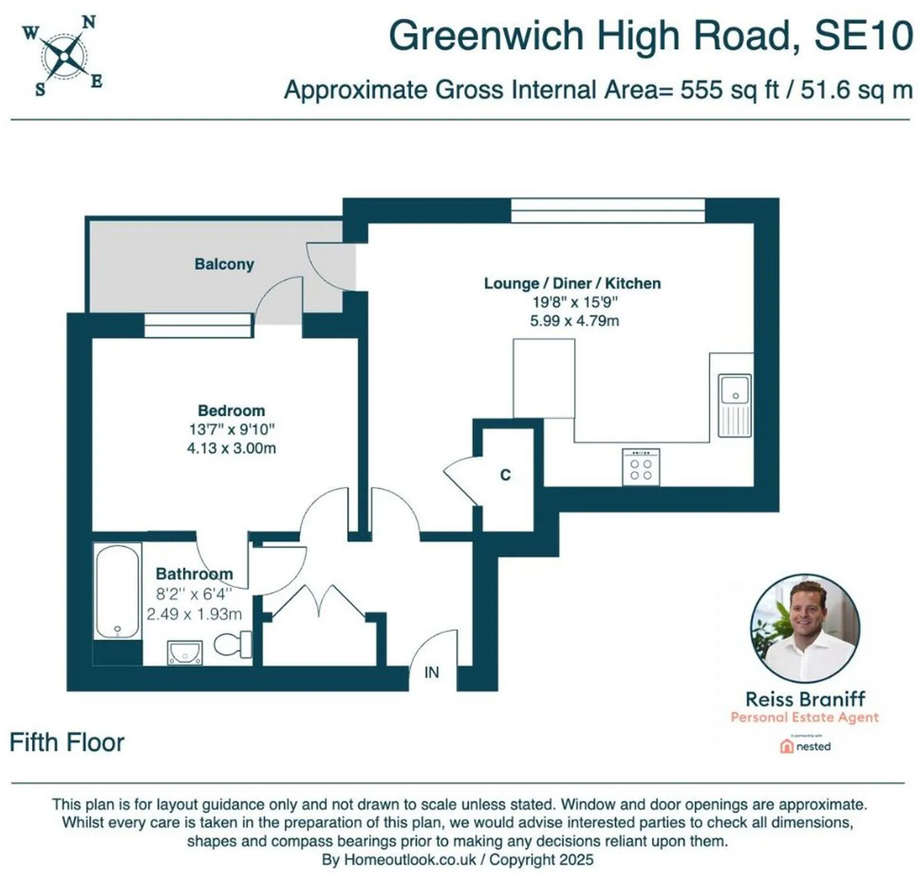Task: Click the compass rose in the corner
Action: (63, 55)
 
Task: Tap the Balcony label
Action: (224, 264)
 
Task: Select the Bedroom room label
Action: (232, 411)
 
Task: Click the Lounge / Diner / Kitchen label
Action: (572, 283)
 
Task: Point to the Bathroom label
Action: (194, 573)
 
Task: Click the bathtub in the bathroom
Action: (117, 591)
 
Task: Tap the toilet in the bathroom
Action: (233, 645)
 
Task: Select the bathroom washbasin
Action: (185, 653)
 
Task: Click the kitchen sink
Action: (735, 406)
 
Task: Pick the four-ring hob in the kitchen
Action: (641, 467)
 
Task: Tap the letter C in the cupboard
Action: (505, 475)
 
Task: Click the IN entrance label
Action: (432, 672)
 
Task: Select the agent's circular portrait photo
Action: (805, 629)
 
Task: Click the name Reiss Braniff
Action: (805, 699)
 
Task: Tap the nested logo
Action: (805, 746)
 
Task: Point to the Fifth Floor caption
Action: (67, 743)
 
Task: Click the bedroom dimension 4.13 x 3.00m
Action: (232, 448)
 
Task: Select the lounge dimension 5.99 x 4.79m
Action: (575, 321)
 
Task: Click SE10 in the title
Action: (864, 35)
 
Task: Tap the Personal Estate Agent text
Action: (805, 717)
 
